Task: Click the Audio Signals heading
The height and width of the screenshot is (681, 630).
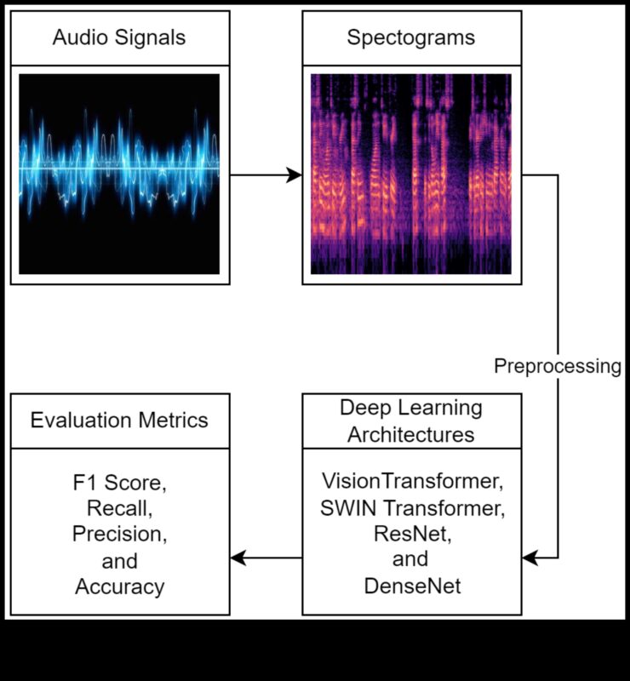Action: pos(119,37)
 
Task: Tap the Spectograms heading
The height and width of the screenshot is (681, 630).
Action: pos(410,37)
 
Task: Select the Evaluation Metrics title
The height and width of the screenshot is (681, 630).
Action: pos(119,421)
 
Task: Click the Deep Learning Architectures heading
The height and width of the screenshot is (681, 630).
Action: pos(411,421)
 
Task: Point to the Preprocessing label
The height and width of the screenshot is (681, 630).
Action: pos(558,366)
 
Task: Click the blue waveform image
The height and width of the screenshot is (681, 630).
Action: pos(119,174)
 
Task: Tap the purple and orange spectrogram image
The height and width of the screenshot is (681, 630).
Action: pos(411,174)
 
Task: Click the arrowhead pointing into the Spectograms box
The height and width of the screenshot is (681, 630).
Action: pos(295,175)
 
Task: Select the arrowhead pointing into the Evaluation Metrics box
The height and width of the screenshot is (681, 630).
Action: pos(238,558)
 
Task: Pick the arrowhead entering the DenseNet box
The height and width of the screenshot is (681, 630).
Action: pos(530,558)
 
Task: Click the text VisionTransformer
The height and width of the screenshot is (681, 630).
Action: pos(411,481)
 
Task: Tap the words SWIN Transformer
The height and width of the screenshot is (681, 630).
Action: pos(411,508)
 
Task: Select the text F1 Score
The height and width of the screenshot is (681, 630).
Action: pos(119,483)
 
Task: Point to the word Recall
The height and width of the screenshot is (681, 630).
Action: pos(119,509)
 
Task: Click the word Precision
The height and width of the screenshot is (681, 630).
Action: pos(119,535)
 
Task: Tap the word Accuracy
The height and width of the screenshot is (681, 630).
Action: pos(119,587)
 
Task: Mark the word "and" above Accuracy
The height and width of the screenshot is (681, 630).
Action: pos(119,562)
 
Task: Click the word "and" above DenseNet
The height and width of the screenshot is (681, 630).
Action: pos(410,561)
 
